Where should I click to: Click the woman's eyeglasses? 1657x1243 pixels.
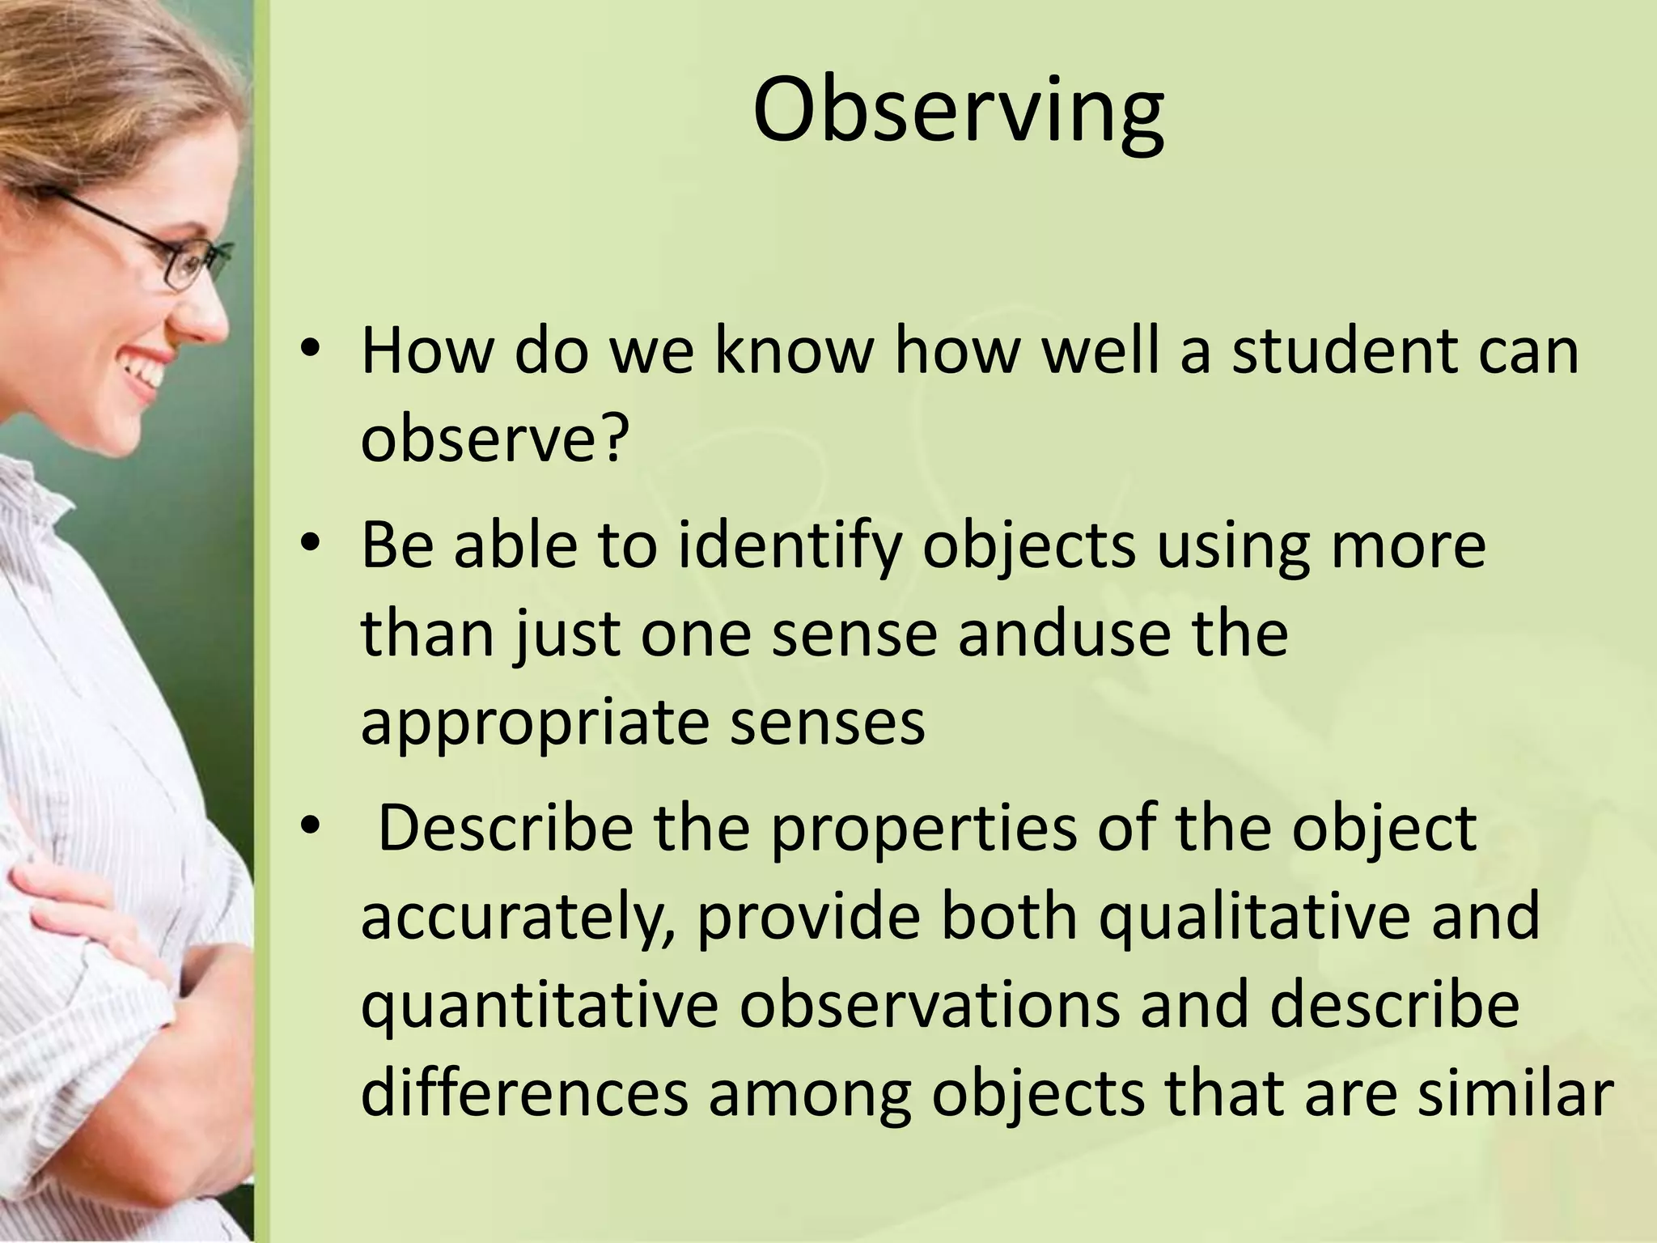tap(162, 243)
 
